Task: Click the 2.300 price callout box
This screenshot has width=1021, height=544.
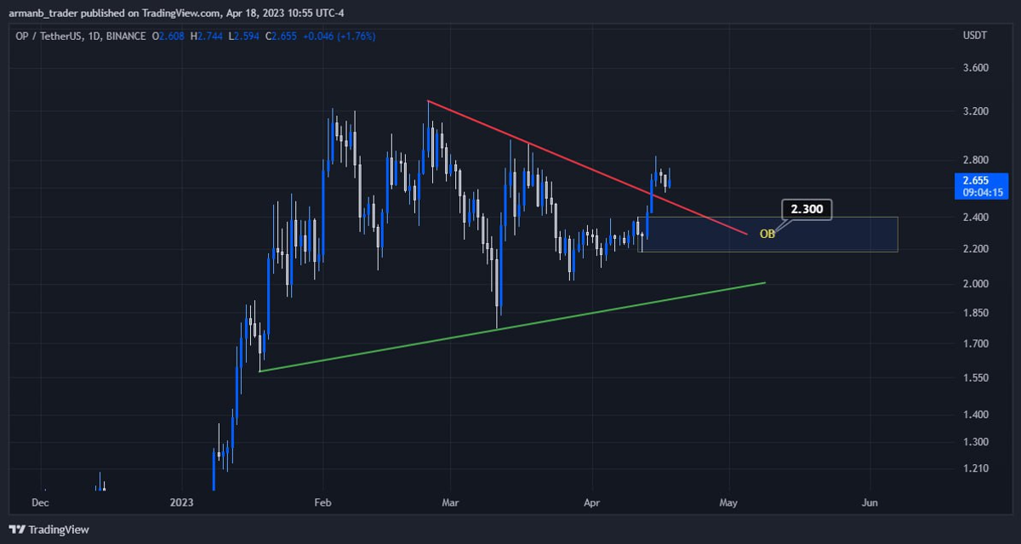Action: pos(806,209)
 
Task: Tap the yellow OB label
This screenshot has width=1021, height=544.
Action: pos(767,233)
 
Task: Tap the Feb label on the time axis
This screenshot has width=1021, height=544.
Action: pos(322,503)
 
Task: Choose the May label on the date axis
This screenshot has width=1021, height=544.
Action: pos(728,503)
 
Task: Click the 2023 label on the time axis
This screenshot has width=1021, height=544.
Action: pos(182,503)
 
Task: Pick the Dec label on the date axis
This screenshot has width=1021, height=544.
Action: pos(39,503)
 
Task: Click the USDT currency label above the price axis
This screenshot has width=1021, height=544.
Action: pos(973,37)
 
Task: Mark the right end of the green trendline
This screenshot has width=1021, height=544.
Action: pos(765,282)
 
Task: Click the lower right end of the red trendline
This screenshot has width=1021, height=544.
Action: pos(746,234)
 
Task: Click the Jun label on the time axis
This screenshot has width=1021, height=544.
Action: pos(870,503)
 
